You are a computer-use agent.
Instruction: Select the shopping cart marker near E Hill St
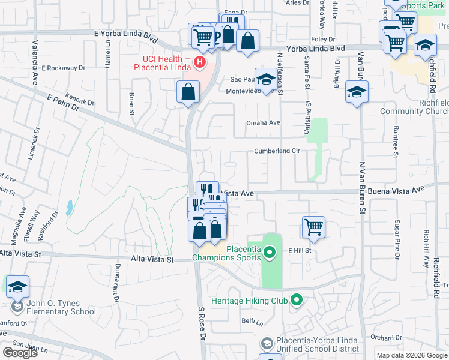tap(313, 227)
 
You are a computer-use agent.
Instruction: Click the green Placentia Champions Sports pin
tap(270, 253)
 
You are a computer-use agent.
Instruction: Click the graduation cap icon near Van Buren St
tap(357, 92)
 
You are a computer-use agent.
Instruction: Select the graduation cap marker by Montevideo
tap(265, 79)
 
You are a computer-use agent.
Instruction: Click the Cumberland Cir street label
tap(277, 151)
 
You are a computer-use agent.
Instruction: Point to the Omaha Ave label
tap(263, 122)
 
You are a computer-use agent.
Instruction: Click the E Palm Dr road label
tap(63, 102)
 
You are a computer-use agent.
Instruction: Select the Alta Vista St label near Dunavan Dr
tap(152, 260)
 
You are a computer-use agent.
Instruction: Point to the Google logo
tap(20, 353)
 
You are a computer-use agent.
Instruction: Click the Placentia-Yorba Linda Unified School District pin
tap(267, 343)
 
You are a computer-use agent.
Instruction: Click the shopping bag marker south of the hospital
tap(188, 92)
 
